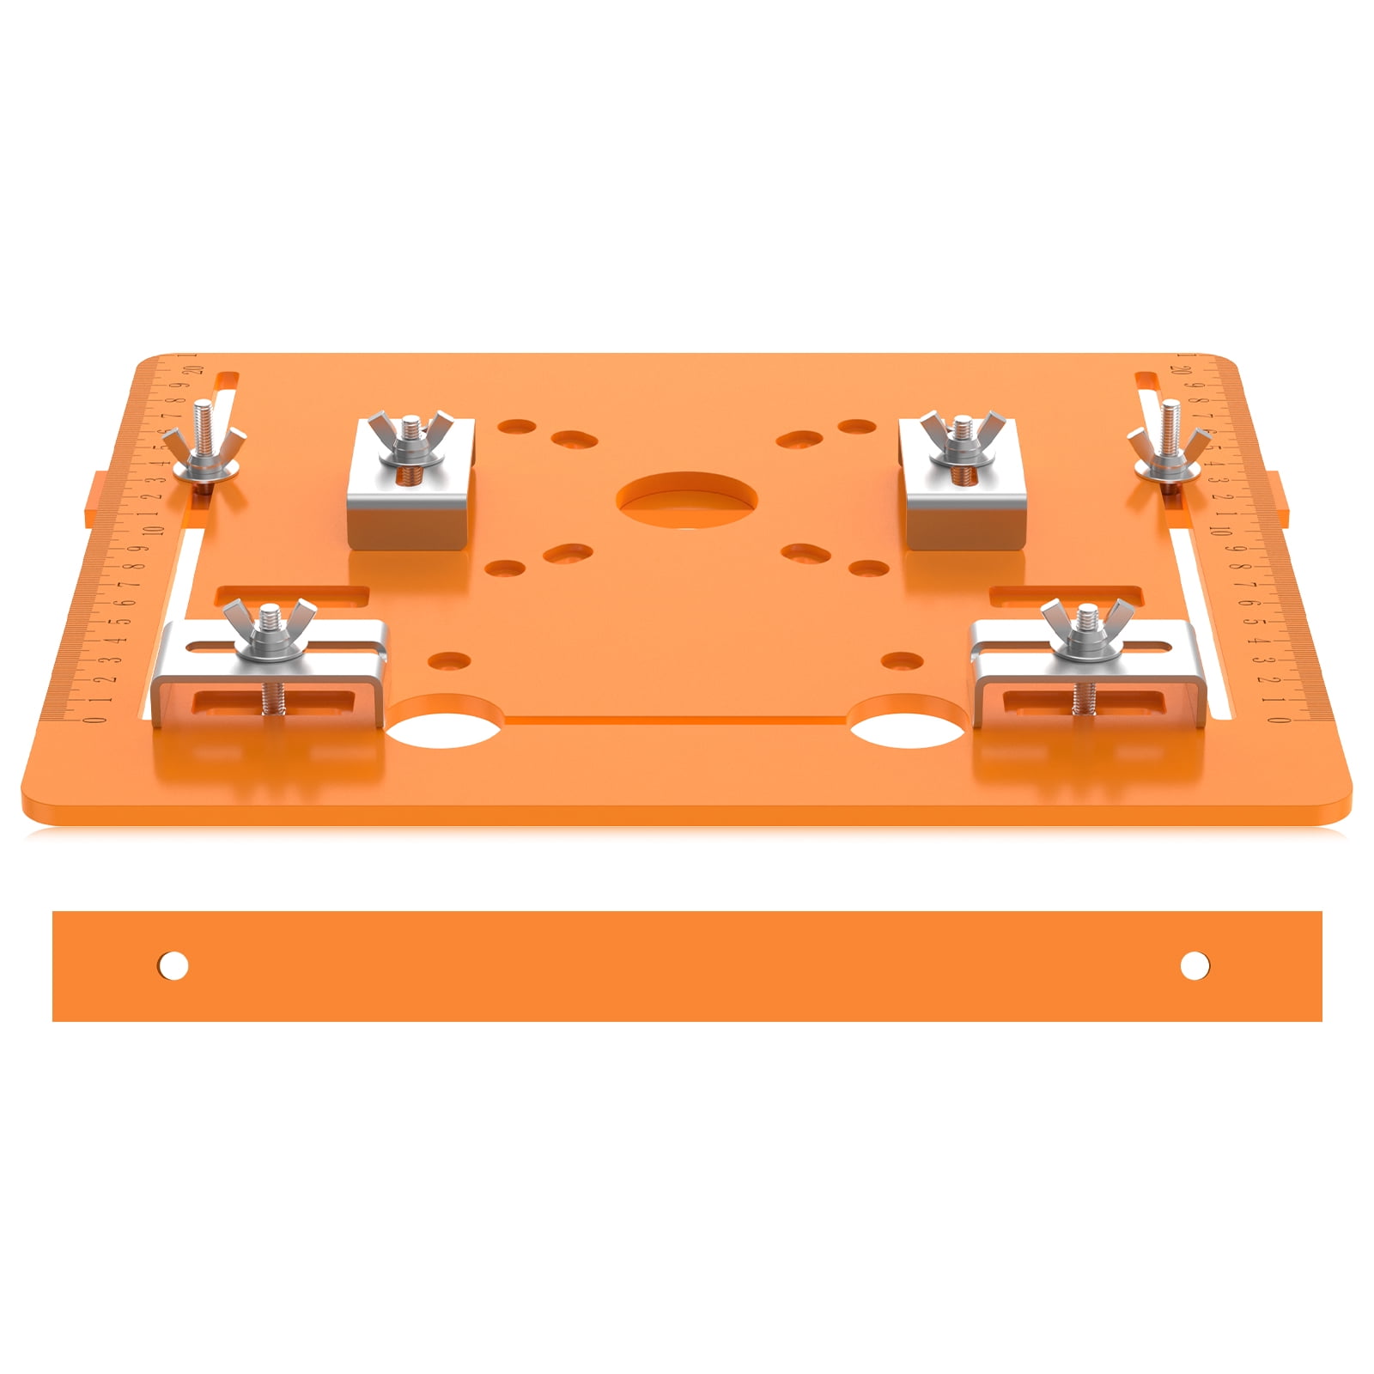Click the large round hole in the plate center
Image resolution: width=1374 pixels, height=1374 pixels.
pos(687,500)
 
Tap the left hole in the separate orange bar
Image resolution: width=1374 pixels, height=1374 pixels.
pos(173,965)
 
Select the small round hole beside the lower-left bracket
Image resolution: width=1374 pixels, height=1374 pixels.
pos(449,661)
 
